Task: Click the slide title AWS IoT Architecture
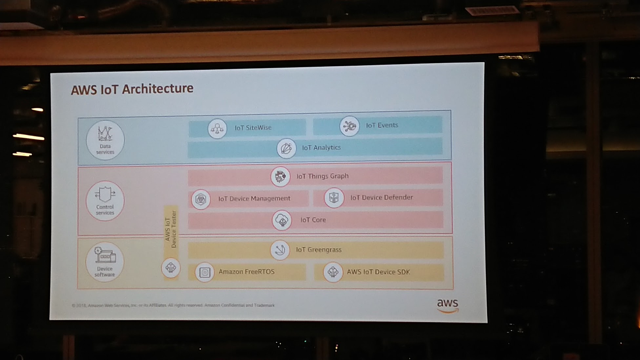[132, 89]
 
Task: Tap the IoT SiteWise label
[253, 128]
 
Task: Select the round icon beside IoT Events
[350, 126]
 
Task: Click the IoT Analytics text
[321, 148]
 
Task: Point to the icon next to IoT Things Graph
[280, 176]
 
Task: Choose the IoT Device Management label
[254, 198]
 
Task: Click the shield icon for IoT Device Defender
[334, 198]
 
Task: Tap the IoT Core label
[313, 220]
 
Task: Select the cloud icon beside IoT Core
[282, 220]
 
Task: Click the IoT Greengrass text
[319, 250]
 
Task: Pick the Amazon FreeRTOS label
[247, 271]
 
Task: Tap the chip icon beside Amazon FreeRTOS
[205, 272]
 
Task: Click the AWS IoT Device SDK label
[378, 272]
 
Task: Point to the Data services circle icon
[105, 140]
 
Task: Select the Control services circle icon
[105, 201]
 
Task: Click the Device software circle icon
[105, 262]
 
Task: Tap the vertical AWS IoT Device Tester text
[171, 229]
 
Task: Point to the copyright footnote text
[173, 305]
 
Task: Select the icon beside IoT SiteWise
[217, 129]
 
